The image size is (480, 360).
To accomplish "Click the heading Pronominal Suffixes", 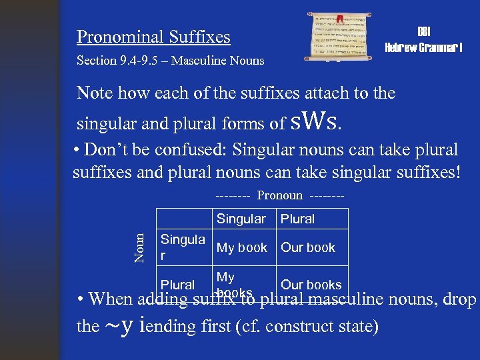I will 153,37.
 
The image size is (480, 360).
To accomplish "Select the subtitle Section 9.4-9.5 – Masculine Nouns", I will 170,61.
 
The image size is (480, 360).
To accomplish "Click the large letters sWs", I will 317,121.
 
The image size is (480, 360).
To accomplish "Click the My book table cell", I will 241,247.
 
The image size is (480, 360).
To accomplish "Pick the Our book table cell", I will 307,247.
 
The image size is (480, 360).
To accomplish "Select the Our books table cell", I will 311,285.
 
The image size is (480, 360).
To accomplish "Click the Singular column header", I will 241,219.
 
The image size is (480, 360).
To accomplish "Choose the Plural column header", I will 297,219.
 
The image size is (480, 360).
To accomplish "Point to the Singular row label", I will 182,247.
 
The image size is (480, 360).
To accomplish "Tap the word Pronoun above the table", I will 280,195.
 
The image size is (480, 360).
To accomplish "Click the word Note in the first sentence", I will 95,93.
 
